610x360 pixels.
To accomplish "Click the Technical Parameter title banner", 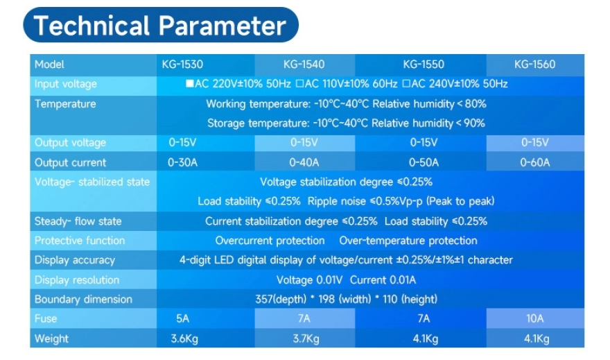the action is [161, 25].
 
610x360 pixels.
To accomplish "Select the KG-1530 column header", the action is [182, 65].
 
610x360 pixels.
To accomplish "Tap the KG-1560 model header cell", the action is [535, 65].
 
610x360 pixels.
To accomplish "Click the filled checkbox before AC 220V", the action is [189, 83].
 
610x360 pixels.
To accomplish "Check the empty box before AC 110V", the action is [299, 83].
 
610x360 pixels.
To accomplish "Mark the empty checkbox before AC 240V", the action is [406, 83].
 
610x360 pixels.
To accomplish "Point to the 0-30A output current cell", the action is [182, 162].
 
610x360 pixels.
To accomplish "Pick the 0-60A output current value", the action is [535, 162].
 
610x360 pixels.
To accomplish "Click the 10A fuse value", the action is [535, 319].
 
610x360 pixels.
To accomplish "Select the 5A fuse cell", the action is [182, 319].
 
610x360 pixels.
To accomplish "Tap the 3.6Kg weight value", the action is [184, 338].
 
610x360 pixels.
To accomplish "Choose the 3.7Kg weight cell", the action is [306, 338].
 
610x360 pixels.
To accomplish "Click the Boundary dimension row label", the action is [83, 299].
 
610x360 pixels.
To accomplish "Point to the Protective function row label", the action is [80, 241].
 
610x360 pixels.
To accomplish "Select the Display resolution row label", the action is [77, 280].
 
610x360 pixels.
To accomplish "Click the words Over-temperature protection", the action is [408, 241].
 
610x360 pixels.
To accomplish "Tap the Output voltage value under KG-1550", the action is [424, 142].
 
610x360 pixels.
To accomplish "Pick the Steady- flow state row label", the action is [78, 221].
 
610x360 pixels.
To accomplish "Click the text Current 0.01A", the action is [383, 280].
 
